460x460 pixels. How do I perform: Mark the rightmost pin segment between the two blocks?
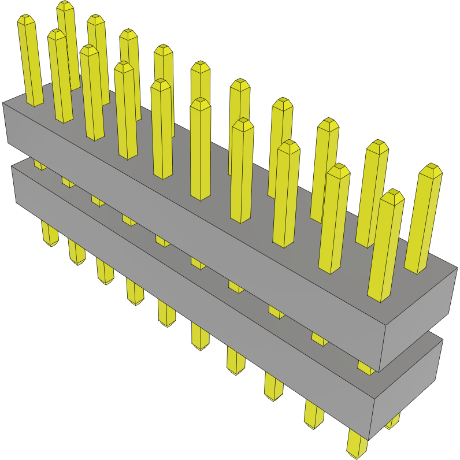tap(365, 368)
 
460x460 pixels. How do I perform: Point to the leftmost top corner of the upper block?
tap(3, 103)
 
